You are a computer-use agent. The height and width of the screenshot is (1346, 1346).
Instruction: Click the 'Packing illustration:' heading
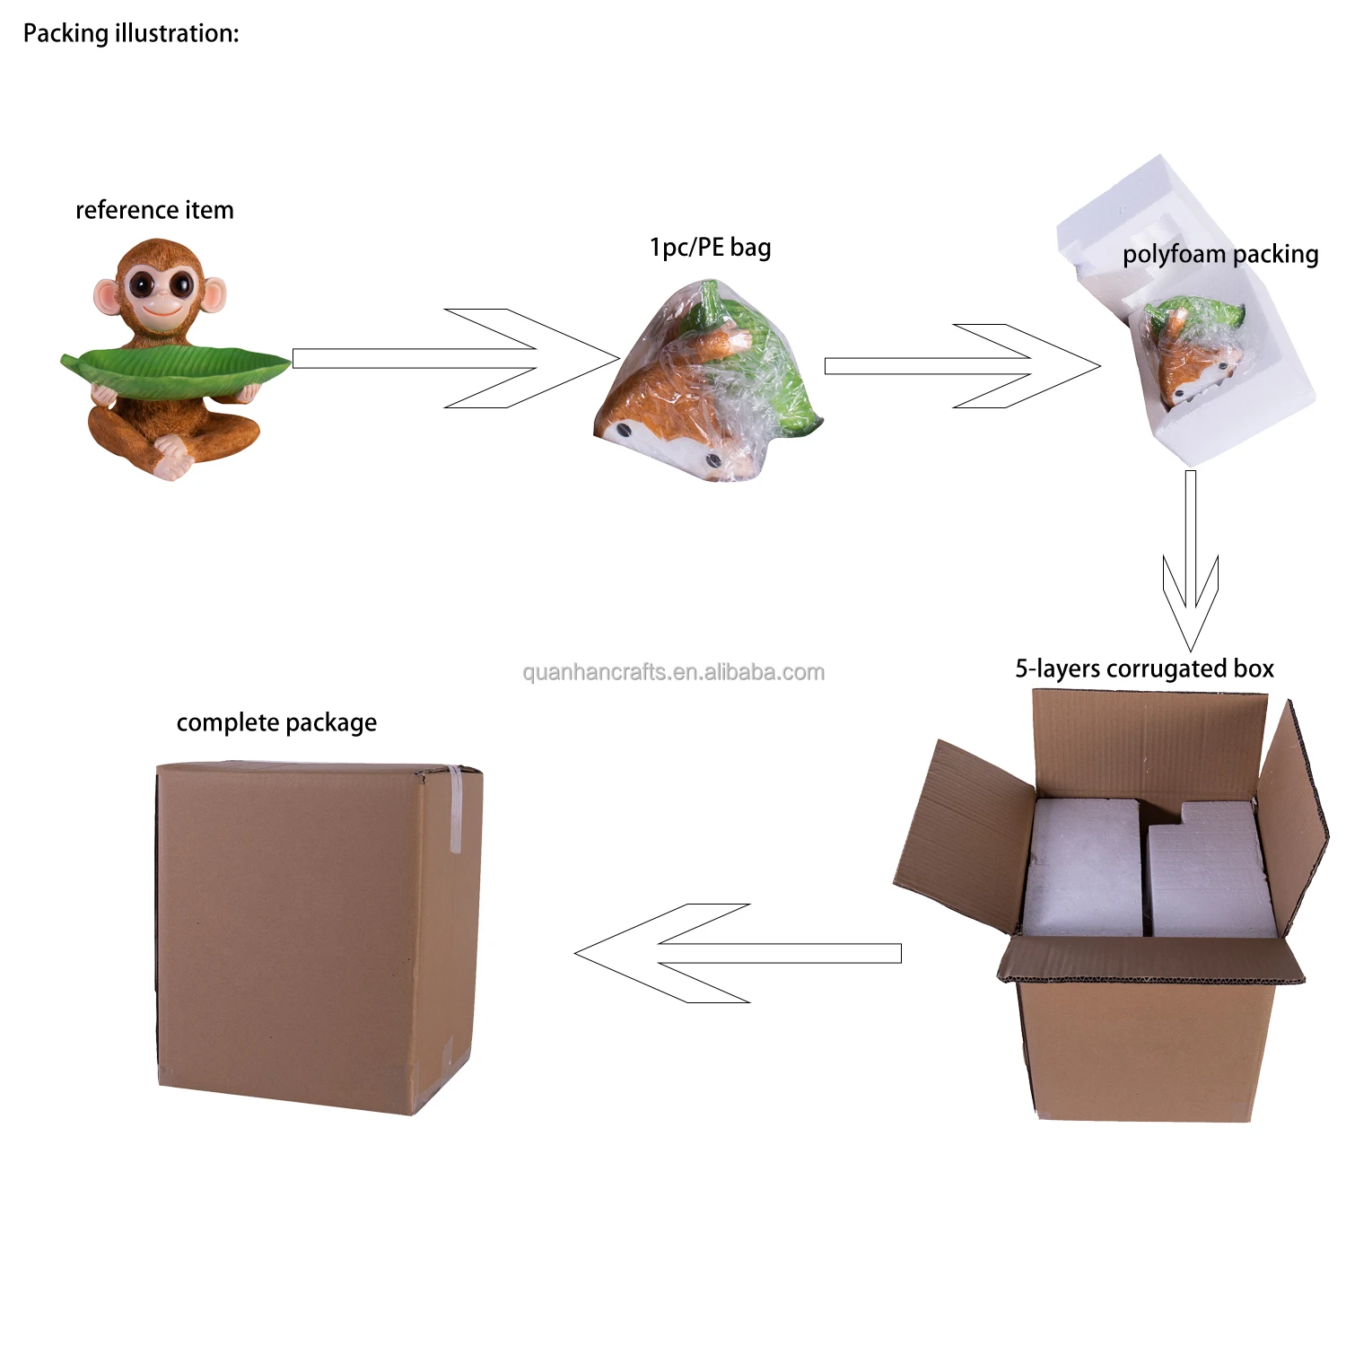131,34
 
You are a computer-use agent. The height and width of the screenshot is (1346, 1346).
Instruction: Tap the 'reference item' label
154,210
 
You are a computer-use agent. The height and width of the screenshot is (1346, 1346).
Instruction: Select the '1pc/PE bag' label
710,247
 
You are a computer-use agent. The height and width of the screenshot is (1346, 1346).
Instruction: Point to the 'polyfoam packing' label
1219,254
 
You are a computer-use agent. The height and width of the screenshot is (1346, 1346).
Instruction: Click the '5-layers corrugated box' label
1144,669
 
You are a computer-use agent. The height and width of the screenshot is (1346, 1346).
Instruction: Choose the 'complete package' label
276,722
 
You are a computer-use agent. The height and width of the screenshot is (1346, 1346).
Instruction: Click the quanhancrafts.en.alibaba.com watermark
673,672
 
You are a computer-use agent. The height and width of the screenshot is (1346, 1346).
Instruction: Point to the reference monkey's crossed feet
172,458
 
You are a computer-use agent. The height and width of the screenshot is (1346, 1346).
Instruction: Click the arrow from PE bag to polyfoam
960,366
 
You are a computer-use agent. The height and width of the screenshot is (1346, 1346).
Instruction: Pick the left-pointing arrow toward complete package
736,953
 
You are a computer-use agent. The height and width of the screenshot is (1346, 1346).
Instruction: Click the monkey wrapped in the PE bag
709,386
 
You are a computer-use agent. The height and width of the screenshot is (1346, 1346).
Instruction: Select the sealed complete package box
314,933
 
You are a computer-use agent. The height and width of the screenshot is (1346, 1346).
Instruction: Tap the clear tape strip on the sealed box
455,808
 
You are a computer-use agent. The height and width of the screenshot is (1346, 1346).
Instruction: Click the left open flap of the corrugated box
965,835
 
